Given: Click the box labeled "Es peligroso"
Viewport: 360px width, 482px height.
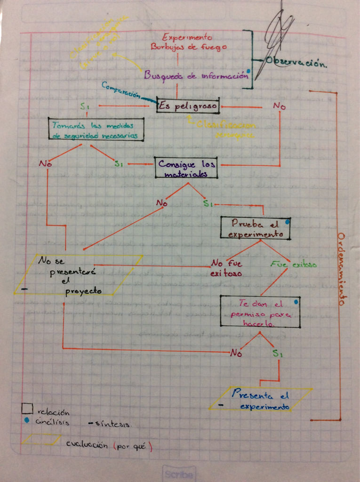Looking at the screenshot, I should (x=188, y=106).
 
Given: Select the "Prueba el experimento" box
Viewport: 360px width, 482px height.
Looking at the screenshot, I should (x=255, y=228).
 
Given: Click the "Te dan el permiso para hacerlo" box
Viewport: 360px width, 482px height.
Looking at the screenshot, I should (x=260, y=311).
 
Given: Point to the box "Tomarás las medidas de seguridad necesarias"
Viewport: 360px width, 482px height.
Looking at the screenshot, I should (x=96, y=129).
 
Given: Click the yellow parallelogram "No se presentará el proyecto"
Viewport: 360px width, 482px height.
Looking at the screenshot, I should (x=78, y=275).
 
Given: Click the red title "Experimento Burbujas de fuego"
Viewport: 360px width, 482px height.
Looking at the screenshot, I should (x=187, y=42).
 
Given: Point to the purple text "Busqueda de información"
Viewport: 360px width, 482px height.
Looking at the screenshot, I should (x=196, y=75).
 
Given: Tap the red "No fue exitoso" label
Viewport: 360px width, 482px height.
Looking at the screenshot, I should (x=226, y=268).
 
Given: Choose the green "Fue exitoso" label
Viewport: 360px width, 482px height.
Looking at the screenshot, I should (x=294, y=264).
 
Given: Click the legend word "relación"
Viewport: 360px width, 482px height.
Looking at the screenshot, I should (x=53, y=412).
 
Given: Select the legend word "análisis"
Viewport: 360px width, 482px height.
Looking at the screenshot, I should (x=53, y=422).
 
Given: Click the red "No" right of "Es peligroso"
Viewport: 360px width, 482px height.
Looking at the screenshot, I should (x=279, y=106).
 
